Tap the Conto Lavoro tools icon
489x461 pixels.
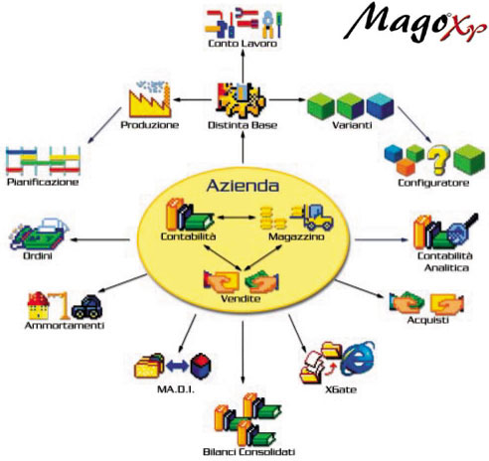point(244,24)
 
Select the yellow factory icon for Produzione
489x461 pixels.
point(150,99)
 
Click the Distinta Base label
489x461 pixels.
point(243,125)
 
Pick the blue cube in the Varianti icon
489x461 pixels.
point(380,106)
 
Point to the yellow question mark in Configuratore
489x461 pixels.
point(438,160)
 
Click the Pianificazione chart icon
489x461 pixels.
point(43,161)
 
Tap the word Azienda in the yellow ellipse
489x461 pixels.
point(243,186)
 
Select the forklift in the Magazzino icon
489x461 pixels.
point(312,217)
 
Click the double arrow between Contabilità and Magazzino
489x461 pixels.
point(236,218)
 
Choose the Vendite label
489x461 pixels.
point(241,299)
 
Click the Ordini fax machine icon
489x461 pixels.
point(39,233)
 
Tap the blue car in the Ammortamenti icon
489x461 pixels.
point(86,307)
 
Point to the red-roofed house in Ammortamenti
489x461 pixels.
point(38,305)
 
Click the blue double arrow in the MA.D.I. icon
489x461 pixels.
point(177,366)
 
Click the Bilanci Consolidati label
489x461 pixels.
point(248,452)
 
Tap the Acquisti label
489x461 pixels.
point(427,320)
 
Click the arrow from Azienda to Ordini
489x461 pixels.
point(100,239)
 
